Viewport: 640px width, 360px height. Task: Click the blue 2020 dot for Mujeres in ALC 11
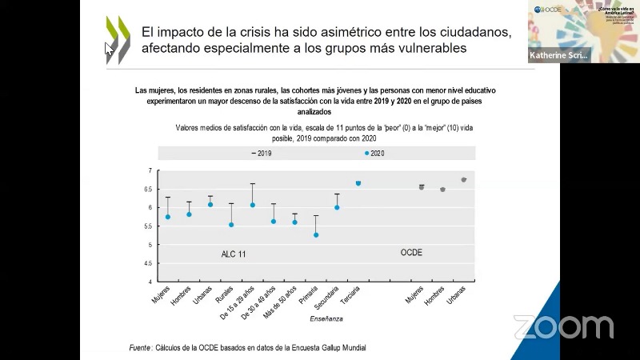168,217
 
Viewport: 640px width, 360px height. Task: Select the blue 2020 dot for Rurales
231,225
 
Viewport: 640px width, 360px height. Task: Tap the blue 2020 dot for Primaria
316,235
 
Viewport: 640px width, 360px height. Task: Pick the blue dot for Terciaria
358,183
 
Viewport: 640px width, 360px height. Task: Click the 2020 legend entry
374,153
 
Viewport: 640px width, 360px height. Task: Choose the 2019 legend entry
262,153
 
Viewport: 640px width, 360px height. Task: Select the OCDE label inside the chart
411,253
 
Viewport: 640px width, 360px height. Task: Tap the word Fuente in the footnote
141,347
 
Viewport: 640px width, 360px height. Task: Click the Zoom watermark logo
563,326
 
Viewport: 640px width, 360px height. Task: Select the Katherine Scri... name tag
558,56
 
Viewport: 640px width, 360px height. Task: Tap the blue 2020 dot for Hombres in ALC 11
189,214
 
